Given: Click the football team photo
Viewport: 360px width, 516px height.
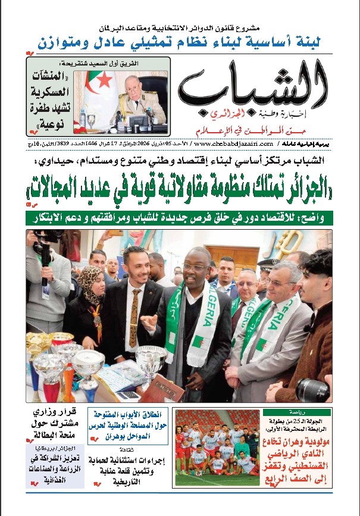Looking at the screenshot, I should point(217,448).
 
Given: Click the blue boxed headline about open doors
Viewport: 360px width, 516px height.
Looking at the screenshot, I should point(129,425).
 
